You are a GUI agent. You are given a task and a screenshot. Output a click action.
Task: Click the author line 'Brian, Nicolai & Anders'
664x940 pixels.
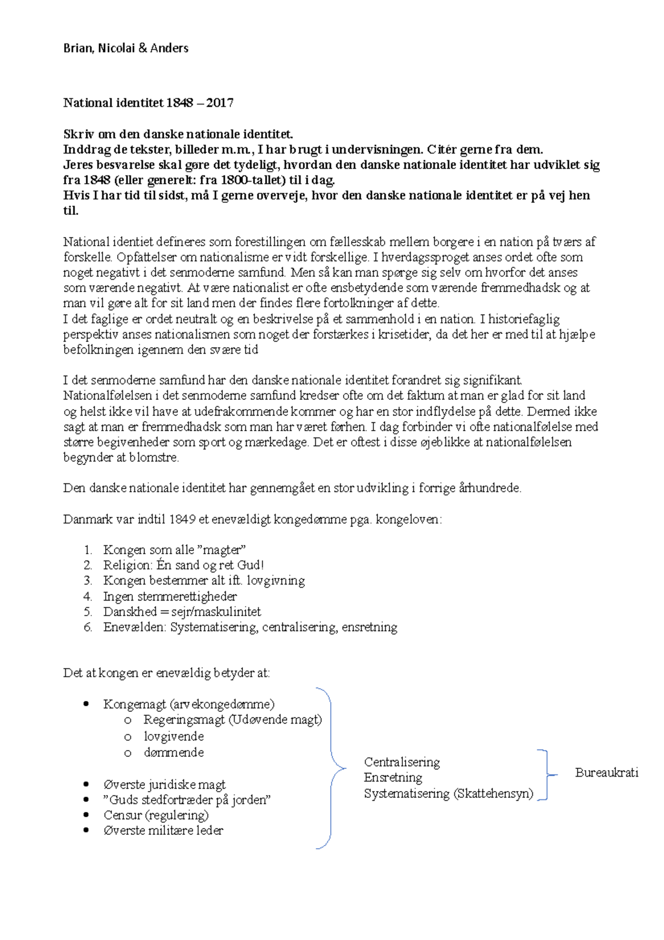point(126,48)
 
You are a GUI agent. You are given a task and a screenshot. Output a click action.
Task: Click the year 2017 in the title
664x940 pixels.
point(220,102)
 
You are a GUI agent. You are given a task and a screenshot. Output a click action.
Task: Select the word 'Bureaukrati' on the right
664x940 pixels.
point(606,772)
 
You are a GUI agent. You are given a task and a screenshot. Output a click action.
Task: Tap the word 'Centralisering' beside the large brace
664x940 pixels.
point(402,762)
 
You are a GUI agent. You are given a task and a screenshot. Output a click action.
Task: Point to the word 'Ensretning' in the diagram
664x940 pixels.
point(393,777)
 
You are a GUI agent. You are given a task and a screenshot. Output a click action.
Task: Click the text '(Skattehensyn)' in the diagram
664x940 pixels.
point(494,793)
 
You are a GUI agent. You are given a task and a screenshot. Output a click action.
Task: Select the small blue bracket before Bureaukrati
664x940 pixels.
point(545,775)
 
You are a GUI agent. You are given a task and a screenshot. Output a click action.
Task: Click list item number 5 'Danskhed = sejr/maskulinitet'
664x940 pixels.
point(181,612)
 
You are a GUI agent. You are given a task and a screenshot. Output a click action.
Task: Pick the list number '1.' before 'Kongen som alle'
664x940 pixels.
point(87,550)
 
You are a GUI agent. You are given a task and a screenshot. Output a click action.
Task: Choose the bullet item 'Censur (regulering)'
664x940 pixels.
point(156,815)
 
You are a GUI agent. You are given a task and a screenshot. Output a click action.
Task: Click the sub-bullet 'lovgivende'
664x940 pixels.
point(174,736)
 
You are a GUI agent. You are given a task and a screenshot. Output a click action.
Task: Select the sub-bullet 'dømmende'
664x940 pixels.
point(174,752)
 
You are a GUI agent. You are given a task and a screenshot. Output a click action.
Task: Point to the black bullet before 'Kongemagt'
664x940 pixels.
point(86,704)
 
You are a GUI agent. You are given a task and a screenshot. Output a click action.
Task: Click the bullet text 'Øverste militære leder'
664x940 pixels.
point(163,830)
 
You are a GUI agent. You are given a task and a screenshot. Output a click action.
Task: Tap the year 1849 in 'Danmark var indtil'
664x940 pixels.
point(182,519)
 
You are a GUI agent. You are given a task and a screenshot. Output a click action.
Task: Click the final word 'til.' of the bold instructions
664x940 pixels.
point(71,210)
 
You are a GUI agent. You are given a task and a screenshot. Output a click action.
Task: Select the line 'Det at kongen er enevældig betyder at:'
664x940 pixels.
point(167,673)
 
